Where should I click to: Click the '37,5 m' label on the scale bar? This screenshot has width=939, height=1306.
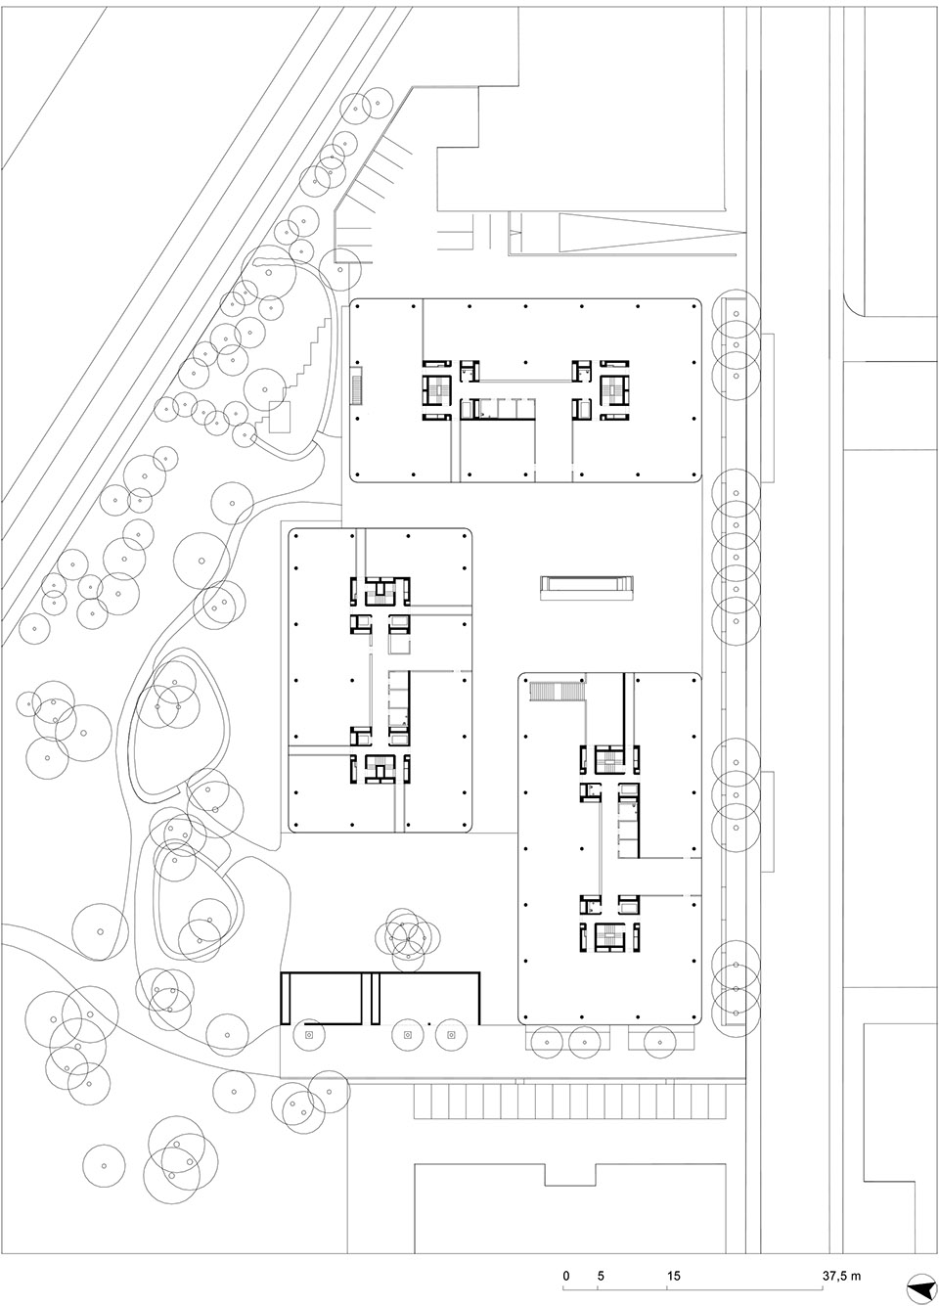coord(841,1276)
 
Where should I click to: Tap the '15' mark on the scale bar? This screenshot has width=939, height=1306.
coord(673,1276)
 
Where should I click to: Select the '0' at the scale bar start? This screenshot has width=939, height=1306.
coord(565,1276)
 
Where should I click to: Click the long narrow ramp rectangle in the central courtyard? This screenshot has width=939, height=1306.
coord(586,586)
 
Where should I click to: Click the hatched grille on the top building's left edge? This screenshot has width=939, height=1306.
coord(356,386)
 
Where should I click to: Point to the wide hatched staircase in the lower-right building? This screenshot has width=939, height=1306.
coord(555,692)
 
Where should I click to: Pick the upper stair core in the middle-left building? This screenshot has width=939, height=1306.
coord(380,592)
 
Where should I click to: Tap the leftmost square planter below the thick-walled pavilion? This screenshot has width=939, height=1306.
coord(308,1034)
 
